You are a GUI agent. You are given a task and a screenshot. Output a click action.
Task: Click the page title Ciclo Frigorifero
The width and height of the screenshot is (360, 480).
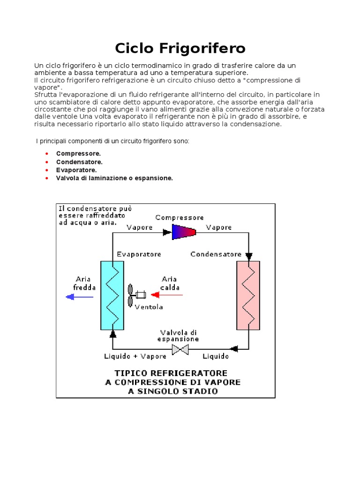(x=180, y=48)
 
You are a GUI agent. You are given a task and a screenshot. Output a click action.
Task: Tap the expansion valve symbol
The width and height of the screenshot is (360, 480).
(x=180, y=349)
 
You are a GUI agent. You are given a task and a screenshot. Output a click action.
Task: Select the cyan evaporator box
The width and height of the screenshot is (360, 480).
(x=112, y=295)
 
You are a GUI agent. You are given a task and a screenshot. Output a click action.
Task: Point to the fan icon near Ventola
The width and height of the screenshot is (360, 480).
(x=131, y=295)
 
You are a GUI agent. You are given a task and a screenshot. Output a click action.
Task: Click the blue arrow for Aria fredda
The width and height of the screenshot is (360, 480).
(x=77, y=297)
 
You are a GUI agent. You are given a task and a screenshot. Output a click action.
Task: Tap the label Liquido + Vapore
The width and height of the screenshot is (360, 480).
(x=135, y=356)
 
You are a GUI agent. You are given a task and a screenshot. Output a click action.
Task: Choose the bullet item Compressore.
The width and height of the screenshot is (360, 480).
(x=78, y=154)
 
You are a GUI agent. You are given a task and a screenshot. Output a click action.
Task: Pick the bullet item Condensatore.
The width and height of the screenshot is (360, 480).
(x=79, y=162)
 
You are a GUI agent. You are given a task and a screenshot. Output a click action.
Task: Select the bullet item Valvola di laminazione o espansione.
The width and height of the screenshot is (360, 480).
(x=114, y=178)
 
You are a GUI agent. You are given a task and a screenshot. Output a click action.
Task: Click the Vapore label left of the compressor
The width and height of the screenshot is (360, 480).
(x=140, y=227)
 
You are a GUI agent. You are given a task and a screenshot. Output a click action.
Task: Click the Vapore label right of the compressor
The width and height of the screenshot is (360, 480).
(x=219, y=227)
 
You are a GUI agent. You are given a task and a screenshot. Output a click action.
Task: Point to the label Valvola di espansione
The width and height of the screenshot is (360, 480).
(x=180, y=335)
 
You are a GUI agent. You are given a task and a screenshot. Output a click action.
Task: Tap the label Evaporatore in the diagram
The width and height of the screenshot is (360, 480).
(x=139, y=254)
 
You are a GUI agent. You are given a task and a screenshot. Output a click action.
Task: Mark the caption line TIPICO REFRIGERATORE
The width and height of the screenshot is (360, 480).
(x=172, y=373)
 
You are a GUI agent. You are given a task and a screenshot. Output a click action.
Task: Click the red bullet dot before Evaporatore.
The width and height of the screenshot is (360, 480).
(x=47, y=170)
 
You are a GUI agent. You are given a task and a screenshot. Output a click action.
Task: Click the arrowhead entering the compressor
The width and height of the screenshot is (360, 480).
(x=166, y=232)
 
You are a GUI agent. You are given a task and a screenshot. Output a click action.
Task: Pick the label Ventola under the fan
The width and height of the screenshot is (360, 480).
(x=149, y=307)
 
